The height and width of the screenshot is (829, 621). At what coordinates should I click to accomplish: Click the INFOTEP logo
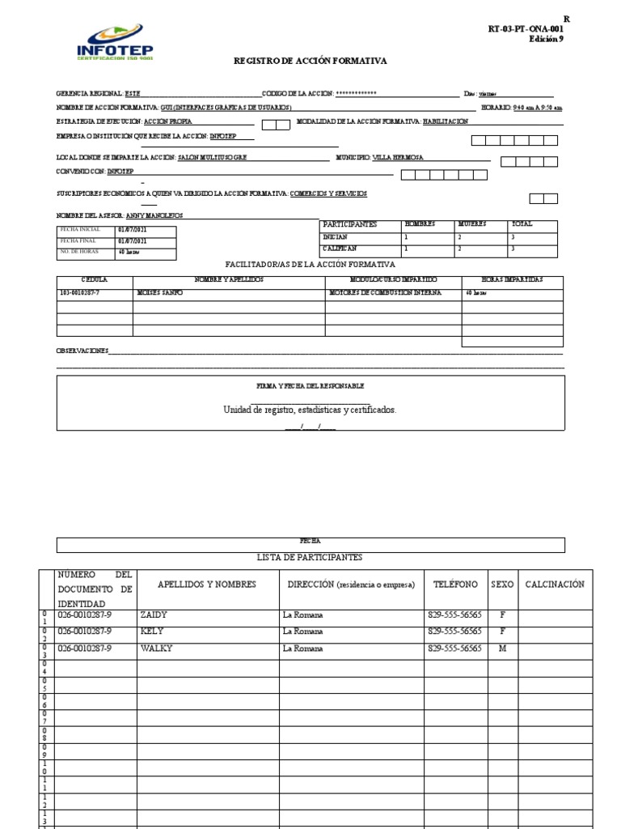114,41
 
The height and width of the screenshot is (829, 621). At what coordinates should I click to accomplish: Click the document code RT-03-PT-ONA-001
526,28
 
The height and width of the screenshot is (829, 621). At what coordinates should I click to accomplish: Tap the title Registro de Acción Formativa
310,61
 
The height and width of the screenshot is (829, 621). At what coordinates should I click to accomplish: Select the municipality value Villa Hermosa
398,158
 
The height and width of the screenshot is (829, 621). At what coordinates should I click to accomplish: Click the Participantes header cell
349,224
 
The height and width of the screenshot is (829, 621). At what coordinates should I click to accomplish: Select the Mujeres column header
472,224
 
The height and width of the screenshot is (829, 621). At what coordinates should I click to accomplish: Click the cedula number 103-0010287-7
80,292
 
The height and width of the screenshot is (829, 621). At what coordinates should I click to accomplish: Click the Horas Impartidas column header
512,279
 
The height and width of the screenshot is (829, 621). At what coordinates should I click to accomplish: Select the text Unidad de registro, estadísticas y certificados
310,410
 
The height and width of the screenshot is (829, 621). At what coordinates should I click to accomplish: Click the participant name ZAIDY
154,615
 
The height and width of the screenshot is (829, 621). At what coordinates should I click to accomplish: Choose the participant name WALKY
156,648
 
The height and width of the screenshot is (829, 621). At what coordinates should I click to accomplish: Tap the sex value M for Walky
502,648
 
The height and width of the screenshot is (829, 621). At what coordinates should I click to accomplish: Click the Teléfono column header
455,585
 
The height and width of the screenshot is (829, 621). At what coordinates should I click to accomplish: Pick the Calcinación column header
554,585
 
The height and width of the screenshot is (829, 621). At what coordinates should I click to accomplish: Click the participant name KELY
152,631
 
